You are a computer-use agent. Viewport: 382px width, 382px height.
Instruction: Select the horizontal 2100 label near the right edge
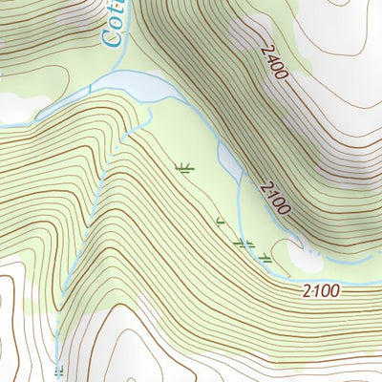322,288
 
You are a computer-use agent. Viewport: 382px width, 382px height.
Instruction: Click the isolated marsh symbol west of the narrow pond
185,169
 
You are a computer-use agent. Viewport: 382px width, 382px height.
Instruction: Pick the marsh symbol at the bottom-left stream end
59,370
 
